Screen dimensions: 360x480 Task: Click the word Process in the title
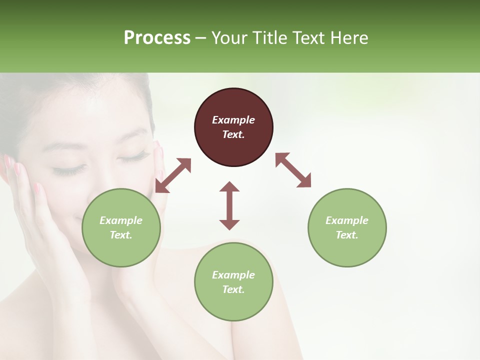[157, 38]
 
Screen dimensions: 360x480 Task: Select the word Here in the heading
[348, 38]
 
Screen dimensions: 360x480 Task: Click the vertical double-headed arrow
[229, 205]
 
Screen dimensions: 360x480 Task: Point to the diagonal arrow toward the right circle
[293, 170]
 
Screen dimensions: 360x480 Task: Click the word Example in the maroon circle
[233, 120]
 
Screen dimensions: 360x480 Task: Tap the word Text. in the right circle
[347, 235]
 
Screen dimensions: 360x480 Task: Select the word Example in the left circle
[121, 220]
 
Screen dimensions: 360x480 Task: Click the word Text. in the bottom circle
[233, 289]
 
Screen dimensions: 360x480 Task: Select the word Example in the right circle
[347, 220]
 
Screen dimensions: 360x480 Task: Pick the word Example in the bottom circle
[233, 275]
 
